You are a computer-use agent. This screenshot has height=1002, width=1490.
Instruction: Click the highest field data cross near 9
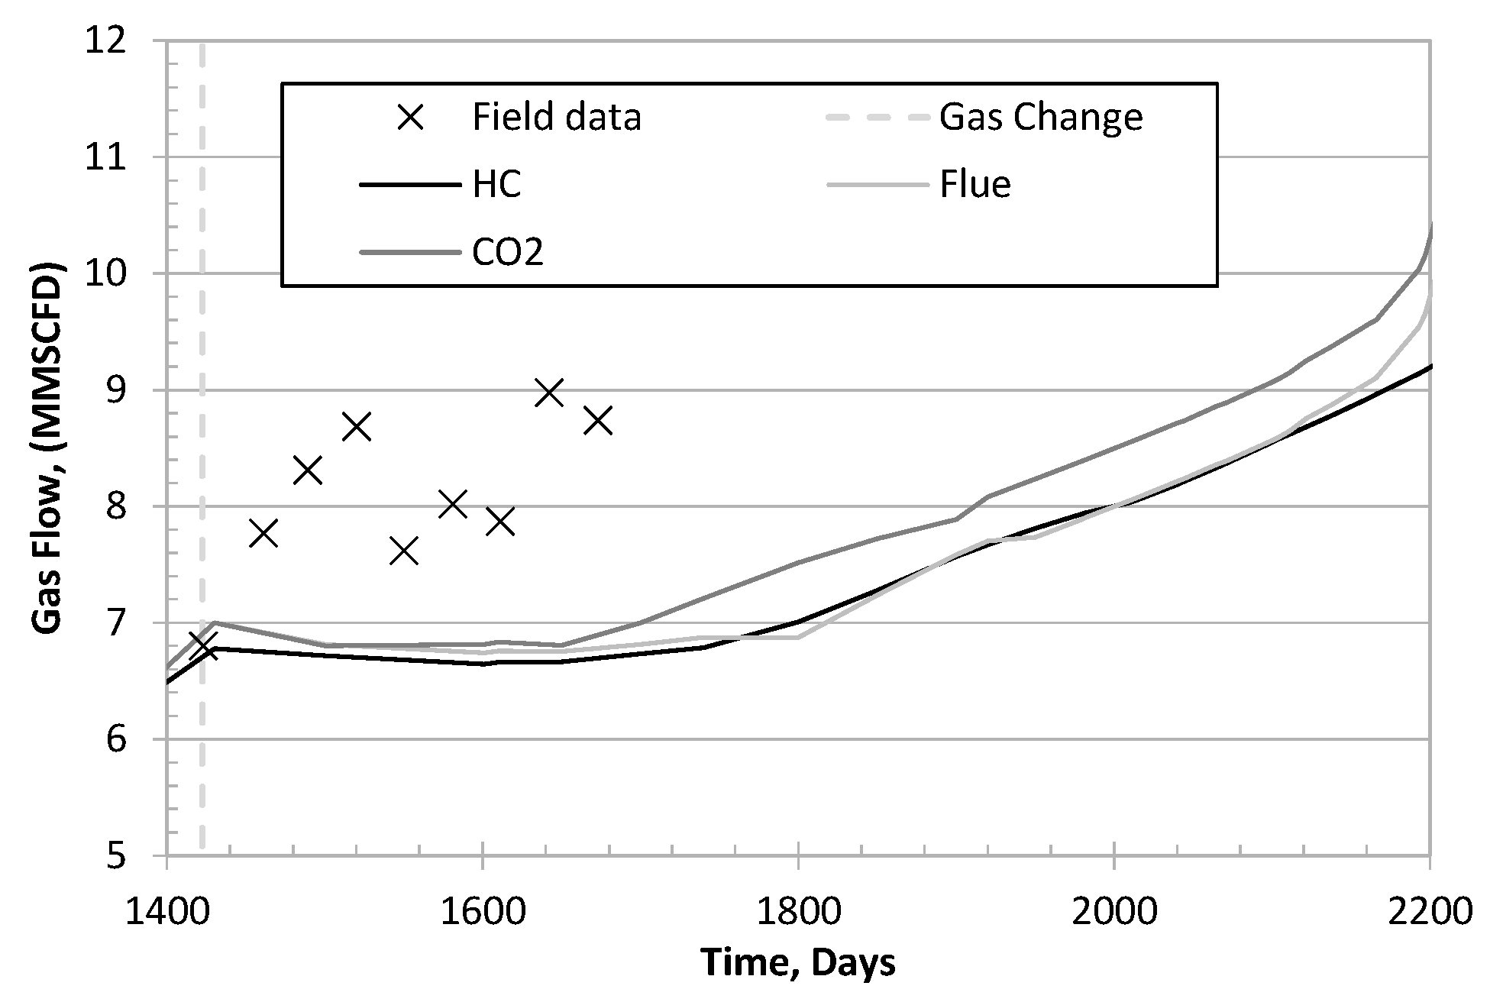coord(549,393)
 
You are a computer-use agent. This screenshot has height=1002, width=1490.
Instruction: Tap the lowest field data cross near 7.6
coord(404,550)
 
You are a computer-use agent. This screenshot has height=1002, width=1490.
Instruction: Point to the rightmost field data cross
coord(598,420)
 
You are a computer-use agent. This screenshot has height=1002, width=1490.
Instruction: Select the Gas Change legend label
coord(1040,118)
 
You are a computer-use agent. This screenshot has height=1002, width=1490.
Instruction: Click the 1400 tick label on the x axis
coord(166,913)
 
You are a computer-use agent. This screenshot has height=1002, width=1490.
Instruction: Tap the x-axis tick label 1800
coord(798,913)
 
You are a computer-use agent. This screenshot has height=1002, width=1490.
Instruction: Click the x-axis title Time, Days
coord(798,964)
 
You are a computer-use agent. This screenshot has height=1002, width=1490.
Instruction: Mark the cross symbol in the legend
coord(413,118)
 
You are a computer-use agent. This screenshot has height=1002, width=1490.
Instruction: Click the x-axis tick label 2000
coord(1114,913)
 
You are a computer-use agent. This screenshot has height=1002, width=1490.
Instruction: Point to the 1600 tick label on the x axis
coord(482,913)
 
